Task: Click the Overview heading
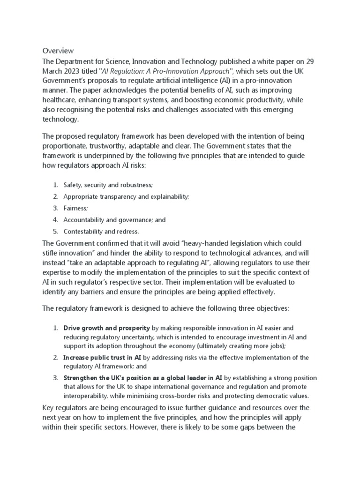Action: click(59, 50)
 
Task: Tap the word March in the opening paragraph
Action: click(54, 71)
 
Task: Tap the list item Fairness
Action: click(75, 208)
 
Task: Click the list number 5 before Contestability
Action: click(55, 231)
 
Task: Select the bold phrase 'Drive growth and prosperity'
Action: click(107, 328)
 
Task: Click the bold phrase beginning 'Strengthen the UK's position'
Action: click(143, 378)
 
